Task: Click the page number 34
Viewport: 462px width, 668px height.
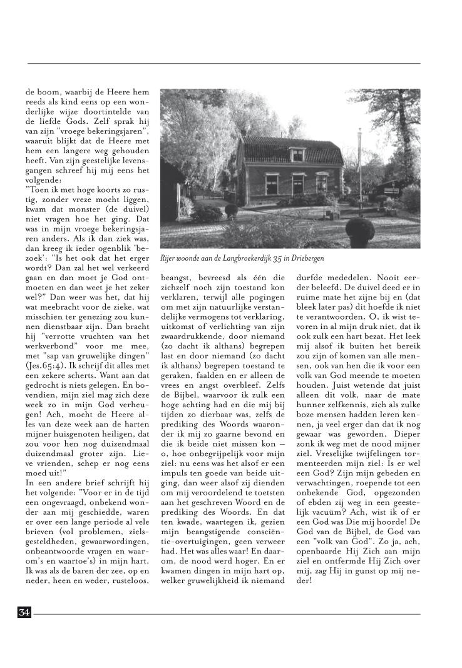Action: point(24,612)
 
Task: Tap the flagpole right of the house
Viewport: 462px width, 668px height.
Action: point(360,159)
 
